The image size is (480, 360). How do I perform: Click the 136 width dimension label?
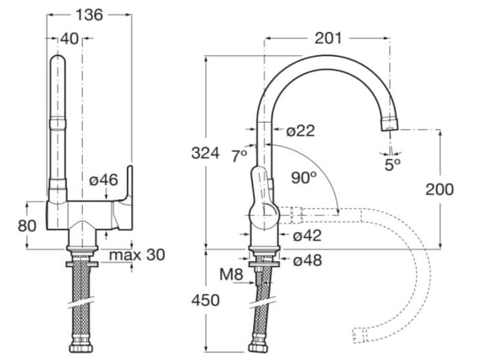(x=89, y=14)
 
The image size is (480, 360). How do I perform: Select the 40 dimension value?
(x=69, y=39)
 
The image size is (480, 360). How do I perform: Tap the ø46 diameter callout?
(x=104, y=180)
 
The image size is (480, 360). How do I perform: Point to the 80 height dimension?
(x=27, y=226)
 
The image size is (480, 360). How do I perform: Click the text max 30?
(x=137, y=254)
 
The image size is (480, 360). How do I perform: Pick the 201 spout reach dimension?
(x=328, y=38)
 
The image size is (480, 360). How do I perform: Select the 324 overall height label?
(x=205, y=153)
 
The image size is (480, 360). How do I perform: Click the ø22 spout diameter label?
(x=300, y=131)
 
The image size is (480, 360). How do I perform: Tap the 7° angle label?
(x=239, y=156)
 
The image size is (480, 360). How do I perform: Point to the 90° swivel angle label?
(x=304, y=178)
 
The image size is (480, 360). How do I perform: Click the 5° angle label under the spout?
(x=392, y=165)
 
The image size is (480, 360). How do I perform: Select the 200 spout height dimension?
(x=440, y=190)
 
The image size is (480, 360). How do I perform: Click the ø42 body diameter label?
(x=307, y=236)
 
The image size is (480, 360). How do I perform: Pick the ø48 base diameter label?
(x=307, y=261)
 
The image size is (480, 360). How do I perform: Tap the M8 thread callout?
(x=232, y=274)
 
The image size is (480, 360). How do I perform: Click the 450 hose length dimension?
(x=206, y=300)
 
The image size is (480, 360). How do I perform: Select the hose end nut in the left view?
(x=82, y=347)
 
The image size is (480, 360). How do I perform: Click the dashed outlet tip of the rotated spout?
(x=359, y=336)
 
